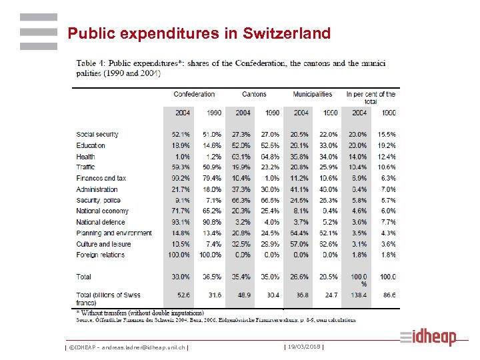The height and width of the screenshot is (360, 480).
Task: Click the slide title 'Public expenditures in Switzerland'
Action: pyautogui.click(x=199, y=33)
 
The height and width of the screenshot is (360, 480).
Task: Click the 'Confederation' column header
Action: pyautogui.click(x=194, y=95)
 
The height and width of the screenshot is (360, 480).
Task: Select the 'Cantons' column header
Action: pyautogui.click(x=253, y=95)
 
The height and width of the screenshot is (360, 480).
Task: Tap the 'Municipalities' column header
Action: pyautogui.click(x=312, y=95)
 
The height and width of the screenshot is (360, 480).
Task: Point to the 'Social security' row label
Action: pyautogui.click(x=97, y=135)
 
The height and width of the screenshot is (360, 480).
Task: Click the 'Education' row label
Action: pyautogui.click(x=91, y=145)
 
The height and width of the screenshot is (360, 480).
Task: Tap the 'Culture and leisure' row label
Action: pyautogui.click(x=103, y=244)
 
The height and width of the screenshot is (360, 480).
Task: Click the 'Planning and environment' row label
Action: pyautogui.click(x=114, y=233)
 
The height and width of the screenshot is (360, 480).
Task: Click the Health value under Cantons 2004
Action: pyautogui.click(x=243, y=157)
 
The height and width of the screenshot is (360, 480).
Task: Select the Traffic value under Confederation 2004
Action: pyautogui.click(x=182, y=167)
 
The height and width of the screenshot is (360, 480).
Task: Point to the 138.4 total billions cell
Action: pyautogui.click(x=359, y=295)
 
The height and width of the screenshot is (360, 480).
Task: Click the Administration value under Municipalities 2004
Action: pyautogui.click(x=301, y=189)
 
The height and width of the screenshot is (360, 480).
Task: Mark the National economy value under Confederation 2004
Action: pyautogui.click(x=182, y=211)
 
